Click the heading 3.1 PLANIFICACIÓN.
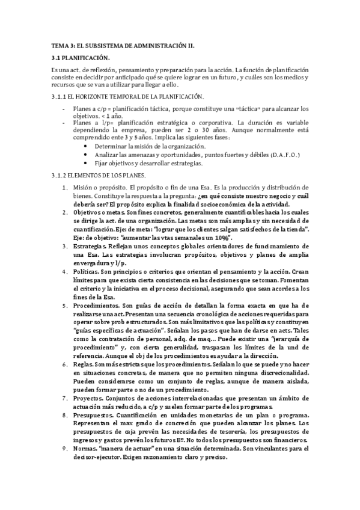[81, 58]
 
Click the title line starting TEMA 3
[123, 45]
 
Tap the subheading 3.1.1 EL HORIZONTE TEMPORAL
[127, 97]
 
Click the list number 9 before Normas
[66, 449]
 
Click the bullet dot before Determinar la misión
[88, 147]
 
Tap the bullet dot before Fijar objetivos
[88, 163]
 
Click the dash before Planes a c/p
[64, 109]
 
